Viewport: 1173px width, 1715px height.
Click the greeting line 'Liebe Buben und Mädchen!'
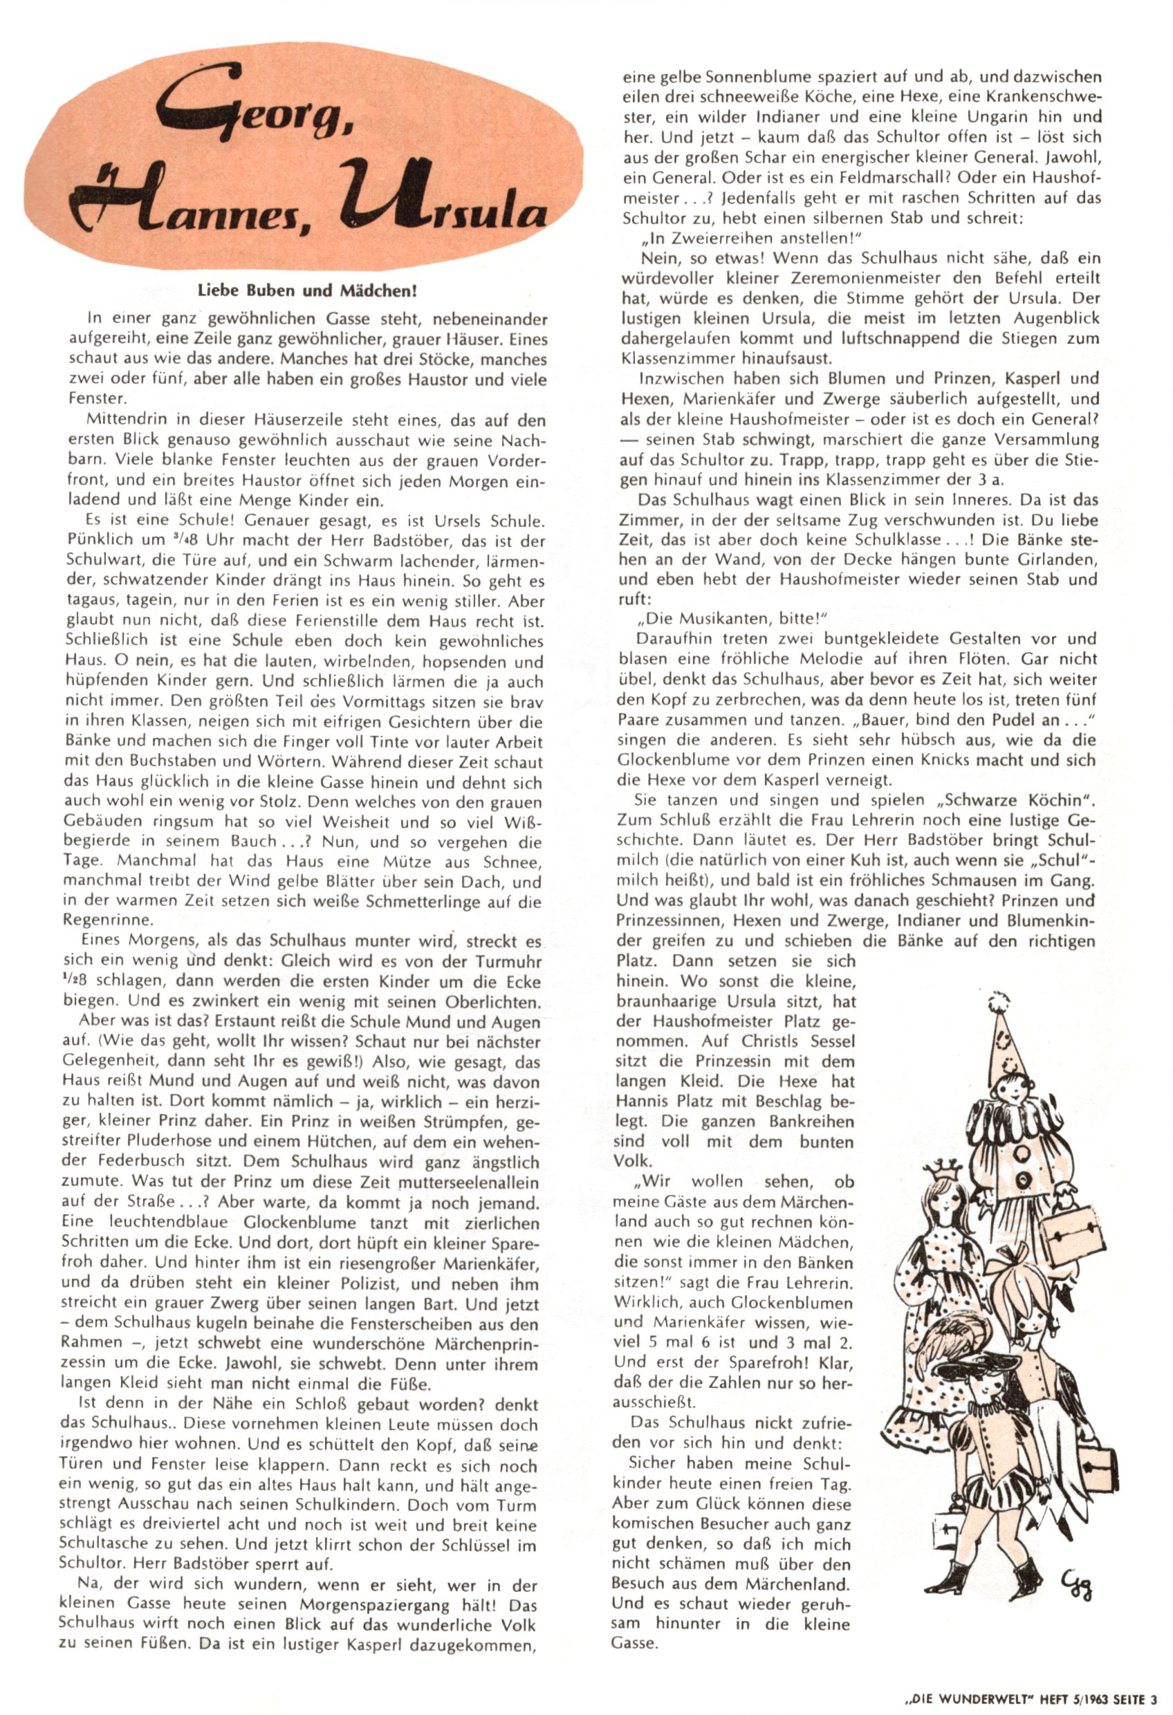pyautogui.click(x=308, y=290)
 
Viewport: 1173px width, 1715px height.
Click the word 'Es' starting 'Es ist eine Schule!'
pyautogui.click(x=96, y=521)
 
